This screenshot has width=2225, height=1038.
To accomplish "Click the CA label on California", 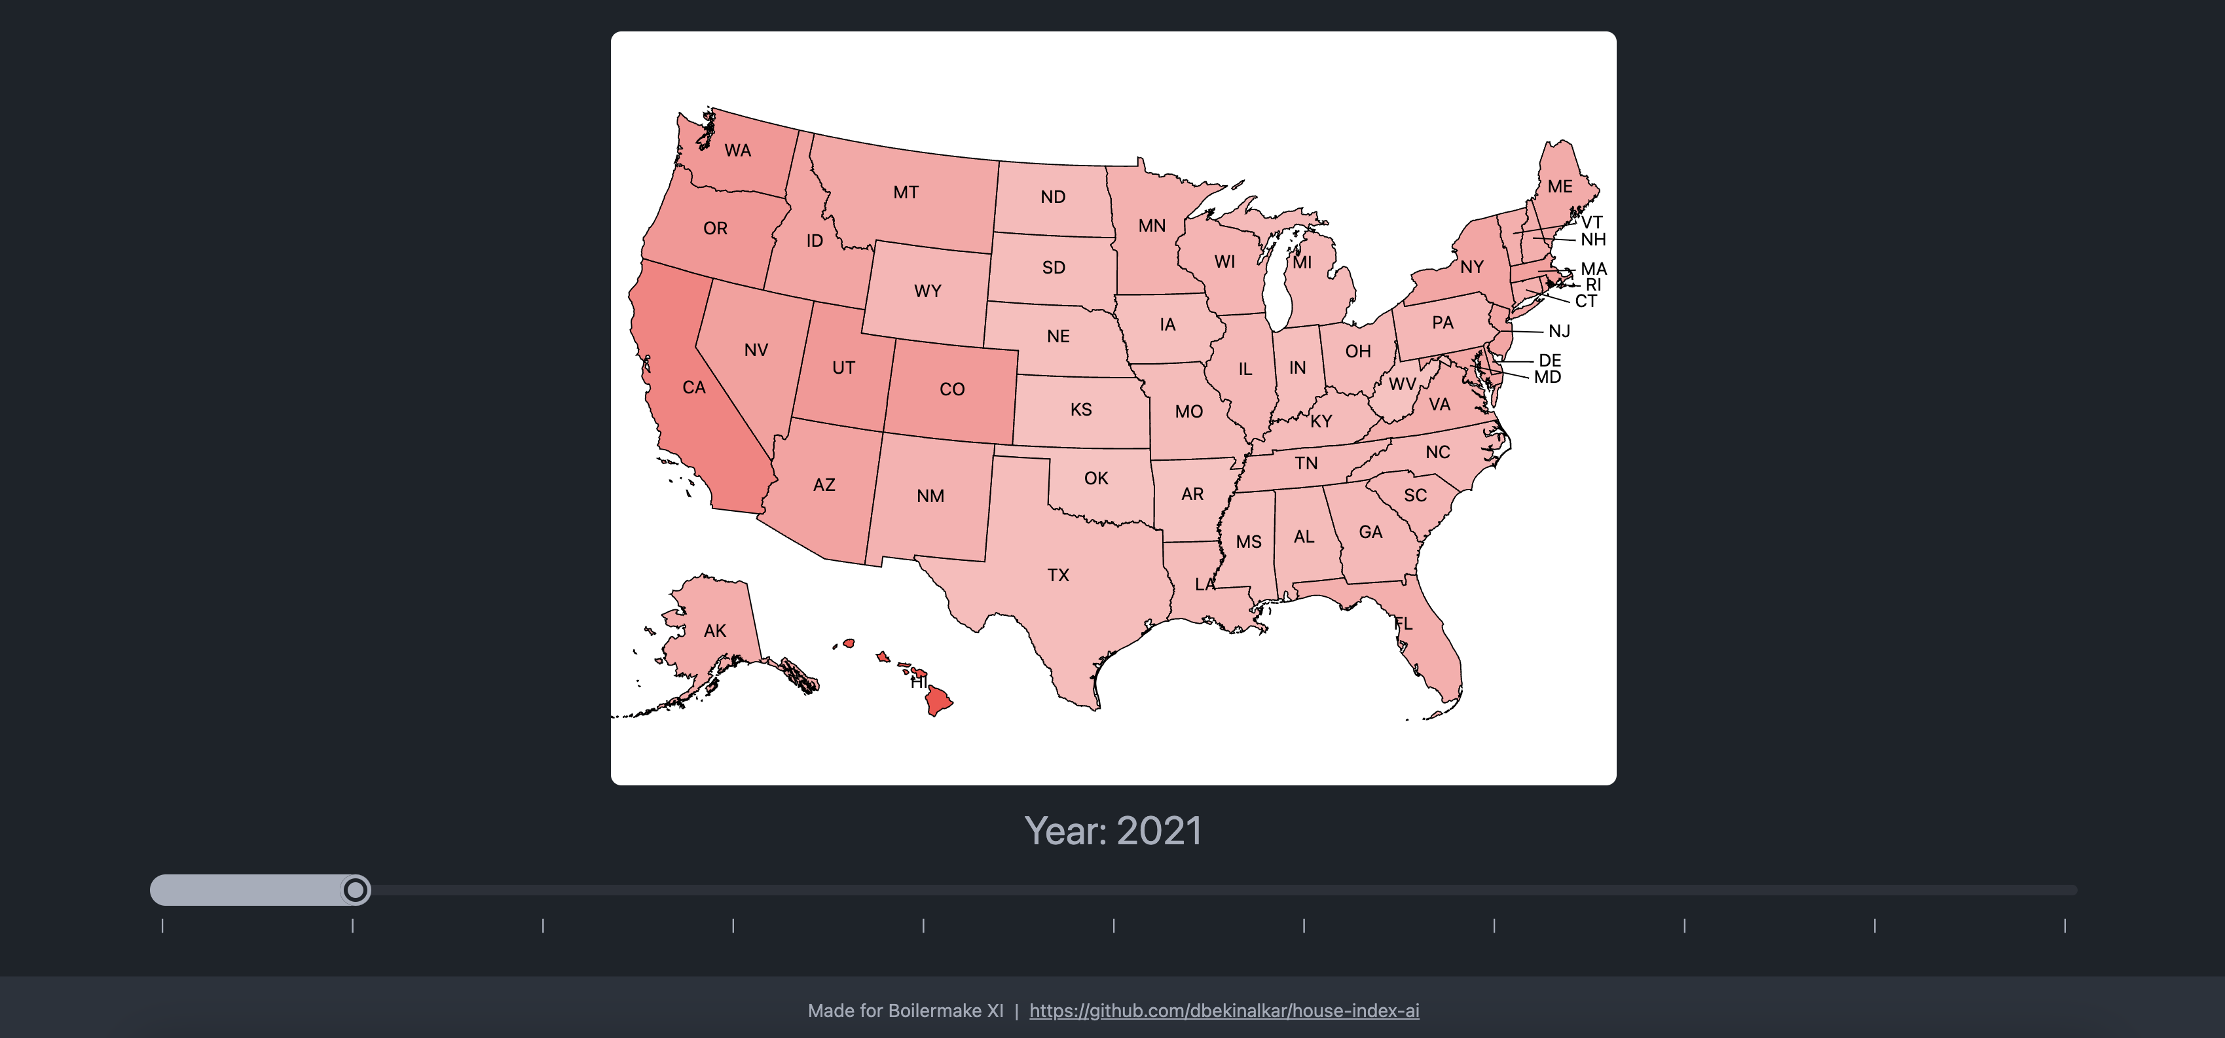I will pyautogui.click(x=693, y=387).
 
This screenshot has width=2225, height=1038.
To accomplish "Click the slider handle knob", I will pyautogui.click(x=355, y=889).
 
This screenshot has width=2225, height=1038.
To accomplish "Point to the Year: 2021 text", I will pyautogui.click(x=1112, y=831).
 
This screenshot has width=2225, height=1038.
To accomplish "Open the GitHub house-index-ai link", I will pyautogui.click(x=1224, y=1011).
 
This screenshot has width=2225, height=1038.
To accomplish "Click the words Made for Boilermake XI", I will pyautogui.click(x=905, y=1011).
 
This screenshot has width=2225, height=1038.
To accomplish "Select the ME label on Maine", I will pyautogui.click(x=1559, y=187).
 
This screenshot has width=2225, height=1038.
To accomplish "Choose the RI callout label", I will pyautogui.click(x=1592, y=285).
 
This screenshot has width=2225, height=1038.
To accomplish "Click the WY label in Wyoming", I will pyautogui.click(x=927, y=291).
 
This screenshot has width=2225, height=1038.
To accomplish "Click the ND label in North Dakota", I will pyautogui.click(x=1052, y=197).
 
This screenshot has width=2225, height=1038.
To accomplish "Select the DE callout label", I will pyautogui.click(x=1549, y=360).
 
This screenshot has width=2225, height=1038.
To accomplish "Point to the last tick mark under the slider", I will pyautogui.click(x=2065, y=925).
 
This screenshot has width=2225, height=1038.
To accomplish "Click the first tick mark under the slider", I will pyautogui.click(x=162, y=925).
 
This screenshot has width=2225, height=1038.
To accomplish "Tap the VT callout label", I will pyautogui.click(x=1591, y=223).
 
